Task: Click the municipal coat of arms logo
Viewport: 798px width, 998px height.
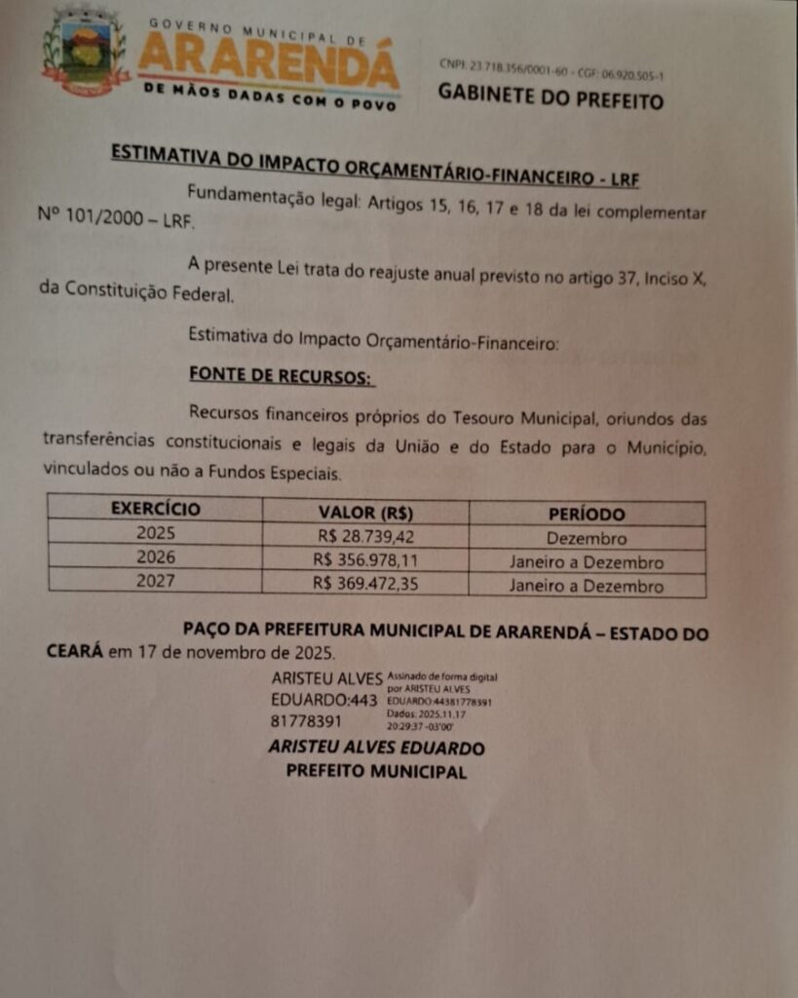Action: coord(85,53)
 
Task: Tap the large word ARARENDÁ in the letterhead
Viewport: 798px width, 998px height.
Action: coord(268,60)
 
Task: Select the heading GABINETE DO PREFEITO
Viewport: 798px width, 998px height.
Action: coord(550,96)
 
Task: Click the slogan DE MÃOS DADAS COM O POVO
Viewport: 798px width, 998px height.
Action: coord(269,96)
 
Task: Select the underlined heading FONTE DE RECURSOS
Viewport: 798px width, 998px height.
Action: coord(281,375)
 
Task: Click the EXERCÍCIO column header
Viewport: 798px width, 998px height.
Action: coord(155,509)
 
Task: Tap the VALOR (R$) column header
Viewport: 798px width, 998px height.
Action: coord(365,512)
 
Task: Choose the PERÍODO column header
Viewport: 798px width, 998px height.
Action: coord(587,514)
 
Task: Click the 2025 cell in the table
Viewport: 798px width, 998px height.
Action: coord(155,533)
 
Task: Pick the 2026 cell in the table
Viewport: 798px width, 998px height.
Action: coord(156,557)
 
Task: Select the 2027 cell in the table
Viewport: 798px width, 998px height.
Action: coord(156,582)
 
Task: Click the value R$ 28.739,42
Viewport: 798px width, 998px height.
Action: coord(364,536)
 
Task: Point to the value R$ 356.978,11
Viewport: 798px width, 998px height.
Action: coord(364,560)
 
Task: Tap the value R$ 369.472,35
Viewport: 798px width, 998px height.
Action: coord(364,585)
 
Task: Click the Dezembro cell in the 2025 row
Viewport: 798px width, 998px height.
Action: coord(587,538)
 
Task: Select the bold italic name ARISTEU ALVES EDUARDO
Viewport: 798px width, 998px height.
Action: coord(376,748)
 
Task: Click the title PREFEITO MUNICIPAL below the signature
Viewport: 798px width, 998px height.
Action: coord(376,771)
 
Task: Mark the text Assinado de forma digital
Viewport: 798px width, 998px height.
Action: coord(442,675)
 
